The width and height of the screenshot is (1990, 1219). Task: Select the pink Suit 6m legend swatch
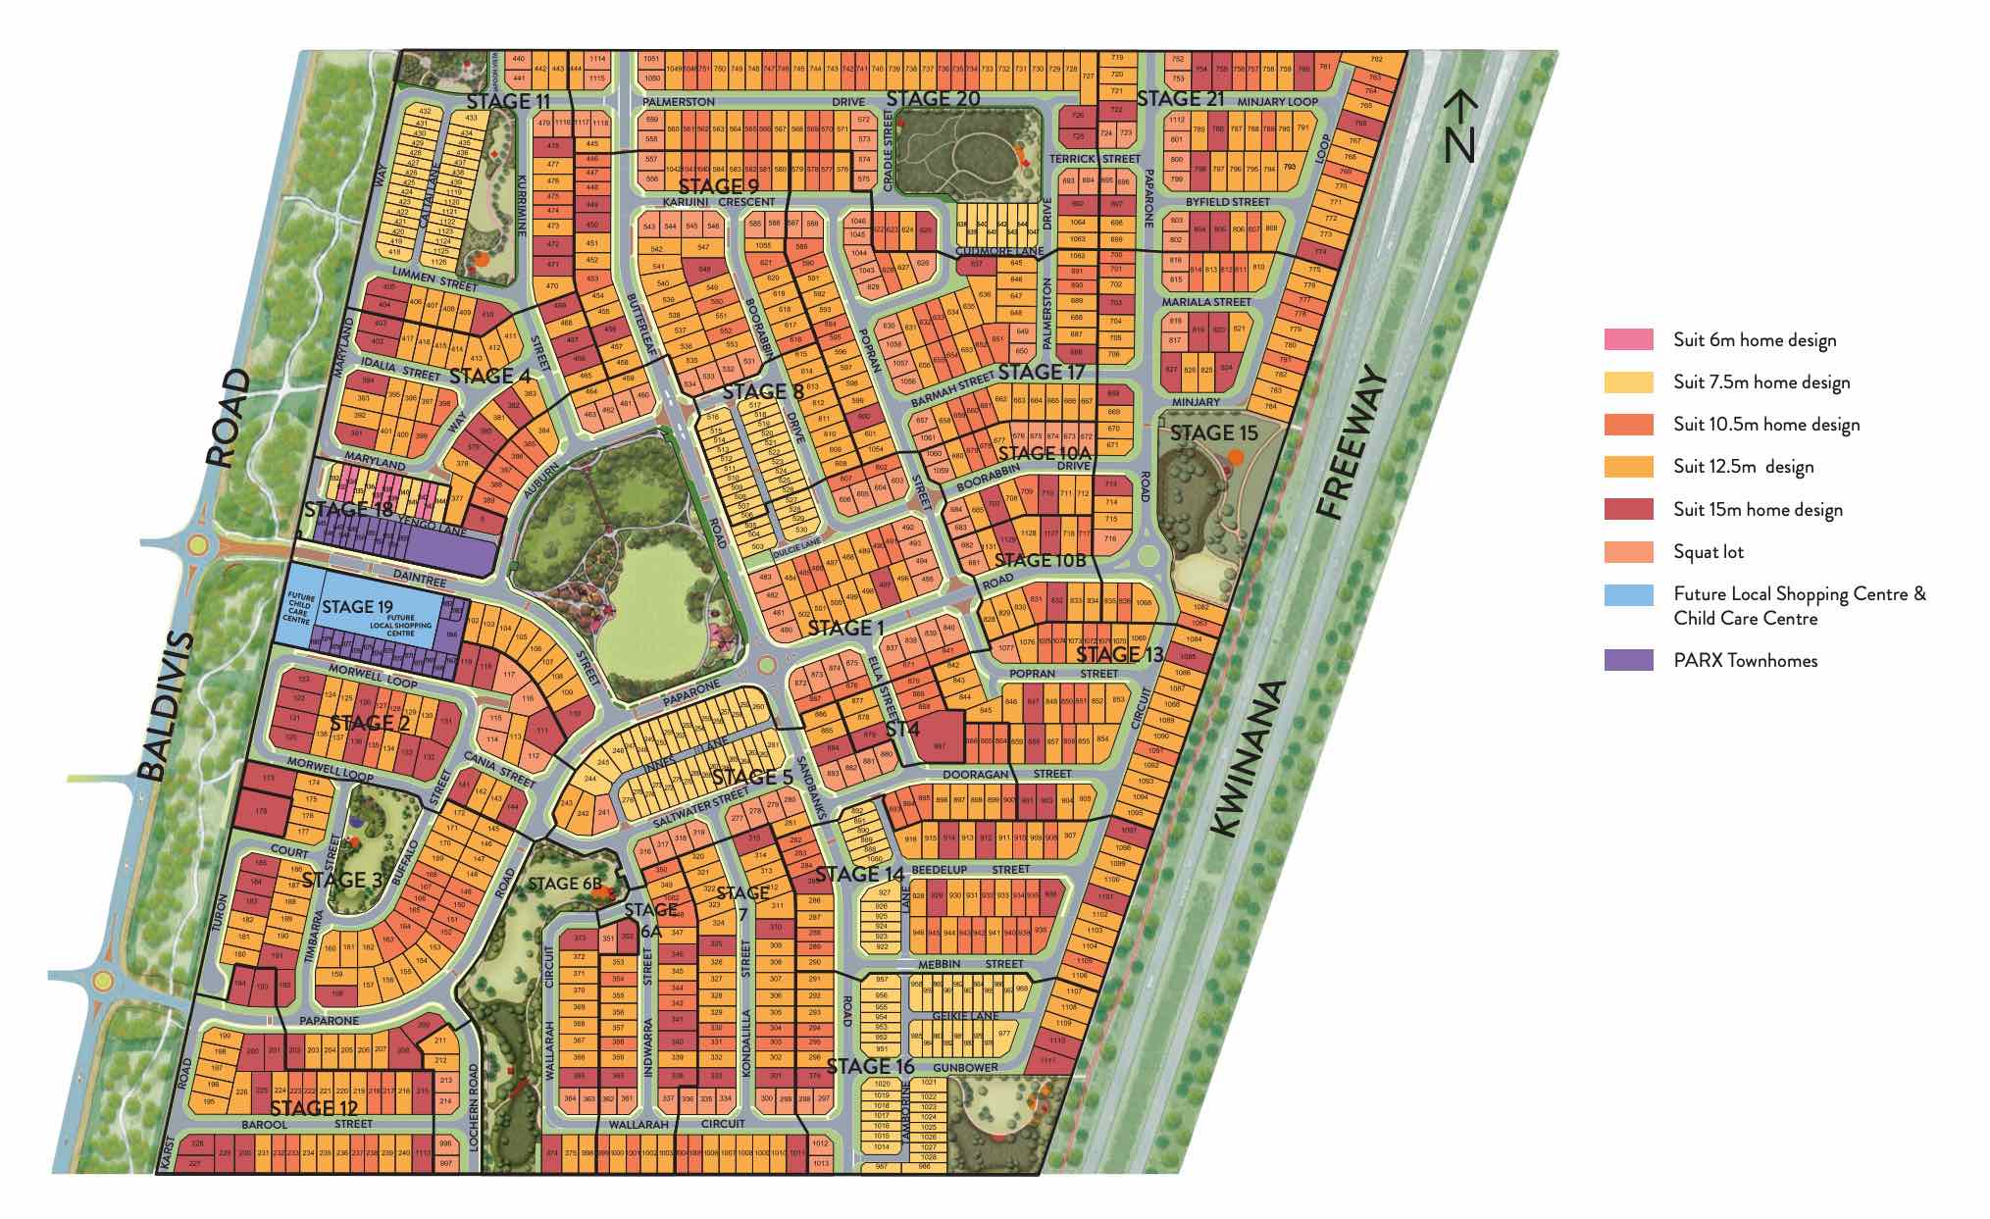coord(1628,340)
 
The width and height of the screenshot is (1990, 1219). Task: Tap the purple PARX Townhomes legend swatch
coord(1628,660)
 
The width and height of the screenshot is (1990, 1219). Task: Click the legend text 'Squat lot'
coord(1709,552)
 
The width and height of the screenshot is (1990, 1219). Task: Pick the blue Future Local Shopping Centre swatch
coord(1628,594)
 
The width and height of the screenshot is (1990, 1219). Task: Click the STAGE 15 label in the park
coord(1213,432)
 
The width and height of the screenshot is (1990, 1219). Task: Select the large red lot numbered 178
coord(262,811)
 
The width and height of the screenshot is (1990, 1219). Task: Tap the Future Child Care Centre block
coord(297,608)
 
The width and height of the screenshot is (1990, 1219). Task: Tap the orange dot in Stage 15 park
coord(1237,457)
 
